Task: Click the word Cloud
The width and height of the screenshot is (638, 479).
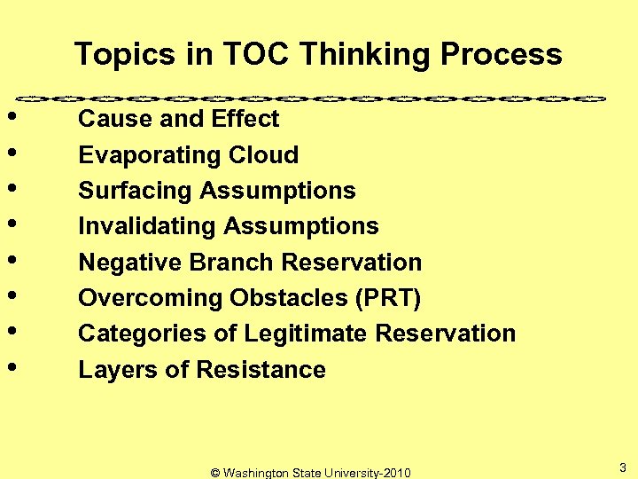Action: pyautogui.click(x=263, y=155)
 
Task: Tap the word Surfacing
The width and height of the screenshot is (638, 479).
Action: pyautogui.click(x=136, y=191)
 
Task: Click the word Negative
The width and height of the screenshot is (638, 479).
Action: pyautogui.click(x=129, y=263)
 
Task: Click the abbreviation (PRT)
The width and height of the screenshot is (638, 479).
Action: pyautogui.click(x=387, y=298)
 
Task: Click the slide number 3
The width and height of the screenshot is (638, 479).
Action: pyautogui.click(x=623, y=467)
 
